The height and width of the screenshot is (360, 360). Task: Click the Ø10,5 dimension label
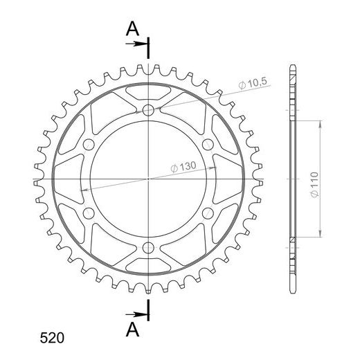point(253,83)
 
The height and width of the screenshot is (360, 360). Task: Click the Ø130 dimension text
point(183,167)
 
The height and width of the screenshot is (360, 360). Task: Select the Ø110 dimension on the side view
point(314,184)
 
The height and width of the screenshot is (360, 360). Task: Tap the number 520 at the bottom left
point(52,338)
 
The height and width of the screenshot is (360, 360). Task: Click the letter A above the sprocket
point(132,28)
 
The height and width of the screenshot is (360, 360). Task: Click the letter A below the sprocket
point(132,330)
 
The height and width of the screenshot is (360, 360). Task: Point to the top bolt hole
point(148,110)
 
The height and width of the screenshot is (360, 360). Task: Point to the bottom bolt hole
point(148,248)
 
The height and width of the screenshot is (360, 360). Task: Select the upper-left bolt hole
point(89,145)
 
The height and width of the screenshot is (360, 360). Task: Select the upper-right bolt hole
point(208,145)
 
